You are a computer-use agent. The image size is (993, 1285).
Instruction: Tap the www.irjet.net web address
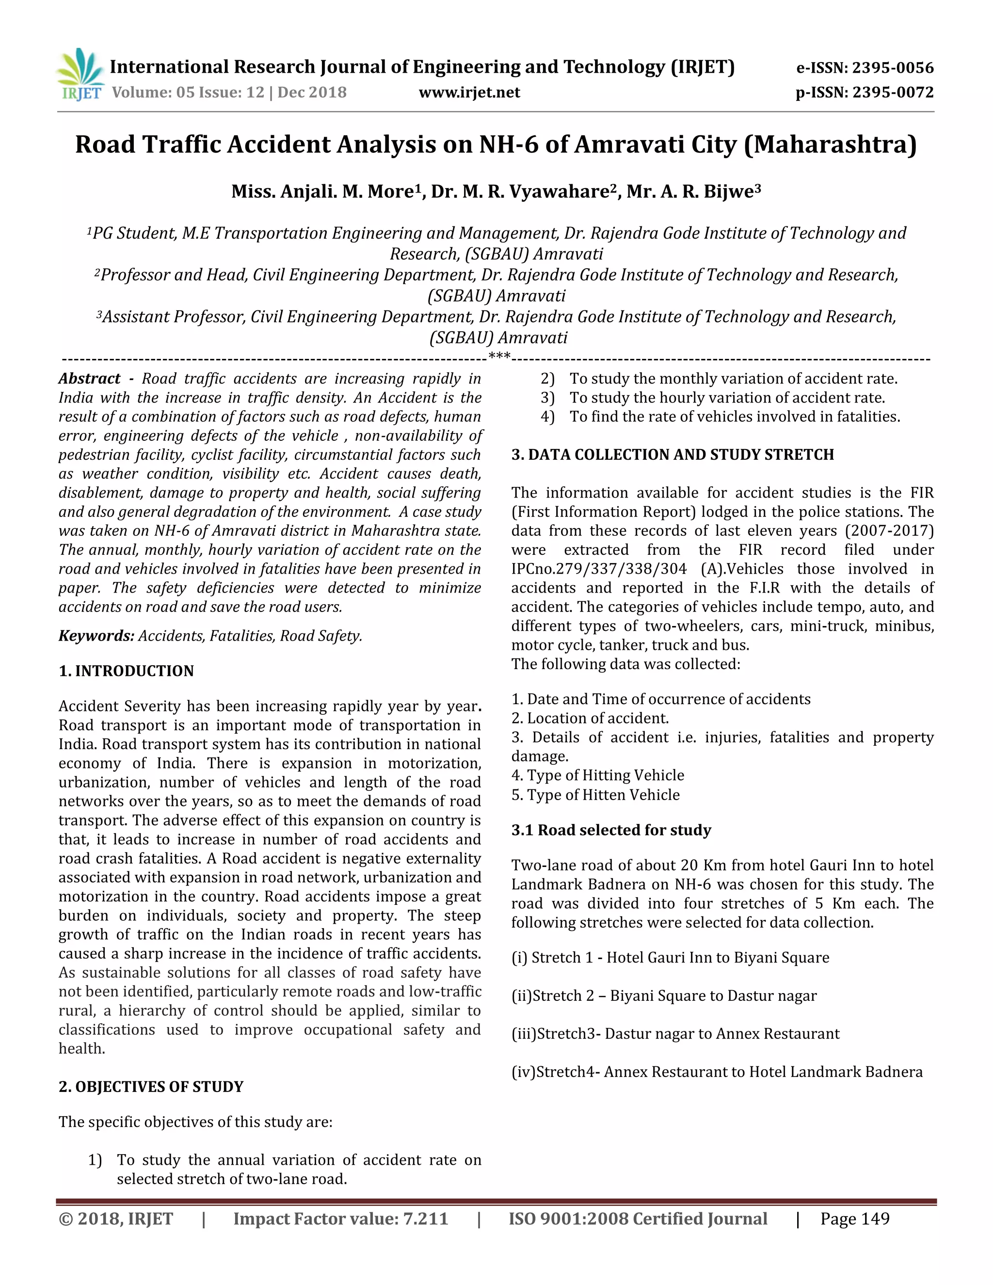tap(469, 92)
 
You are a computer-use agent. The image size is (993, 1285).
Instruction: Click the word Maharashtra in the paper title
tap(830, 145)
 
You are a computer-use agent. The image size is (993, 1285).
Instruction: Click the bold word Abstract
tap(89, 378)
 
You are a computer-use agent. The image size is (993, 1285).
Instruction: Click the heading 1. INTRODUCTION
tap(126, 671)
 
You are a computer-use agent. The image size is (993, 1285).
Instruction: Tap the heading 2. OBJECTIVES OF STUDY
tap(151, 1087)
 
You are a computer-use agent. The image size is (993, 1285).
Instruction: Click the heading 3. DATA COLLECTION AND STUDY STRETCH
tap(673, 455)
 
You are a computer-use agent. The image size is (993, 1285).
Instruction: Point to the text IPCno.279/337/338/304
tap(598, 569)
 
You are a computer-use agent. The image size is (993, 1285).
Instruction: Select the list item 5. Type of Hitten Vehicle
tap(595, 795)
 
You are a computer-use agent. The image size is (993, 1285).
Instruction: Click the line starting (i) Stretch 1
tap(670, 958)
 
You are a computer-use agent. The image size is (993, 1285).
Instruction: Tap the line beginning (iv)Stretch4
tap(716, 1072)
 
